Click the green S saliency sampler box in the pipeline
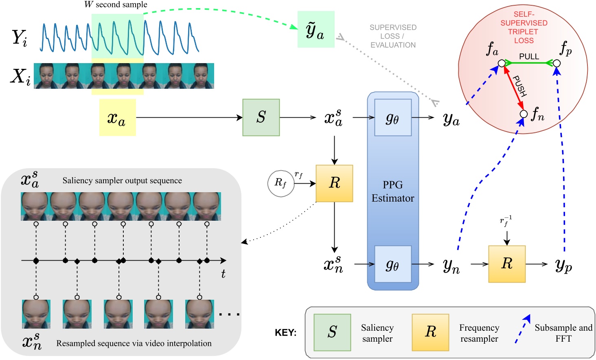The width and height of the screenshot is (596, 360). click(261, 117)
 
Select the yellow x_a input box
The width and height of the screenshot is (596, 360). click(118, 117)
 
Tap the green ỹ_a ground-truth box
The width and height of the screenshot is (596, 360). click(316, 29)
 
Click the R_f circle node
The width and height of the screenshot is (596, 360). click(281, 183)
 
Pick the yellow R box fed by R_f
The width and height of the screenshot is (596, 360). click(335, 183)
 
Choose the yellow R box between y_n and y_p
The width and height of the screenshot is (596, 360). click(507, 264)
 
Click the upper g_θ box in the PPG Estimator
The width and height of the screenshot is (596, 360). click(393, 117)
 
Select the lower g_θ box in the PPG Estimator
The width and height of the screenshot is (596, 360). click(393, 264)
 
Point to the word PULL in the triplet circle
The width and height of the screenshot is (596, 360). click(529, 57)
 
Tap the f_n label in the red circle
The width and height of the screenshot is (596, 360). click(538, 114)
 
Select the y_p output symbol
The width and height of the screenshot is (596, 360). click(563, 266)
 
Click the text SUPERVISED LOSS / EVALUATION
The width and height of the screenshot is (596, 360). click(393, 36)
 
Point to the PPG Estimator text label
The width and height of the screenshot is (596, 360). click(393, 191)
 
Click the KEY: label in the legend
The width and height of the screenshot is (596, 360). click(285, 333)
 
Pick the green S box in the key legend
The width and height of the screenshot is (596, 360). click(332, 332)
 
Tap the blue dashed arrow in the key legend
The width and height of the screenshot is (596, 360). click(523, 329)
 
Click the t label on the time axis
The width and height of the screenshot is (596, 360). click(223, 273)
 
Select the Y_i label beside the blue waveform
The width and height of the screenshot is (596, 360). click(20, 38)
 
